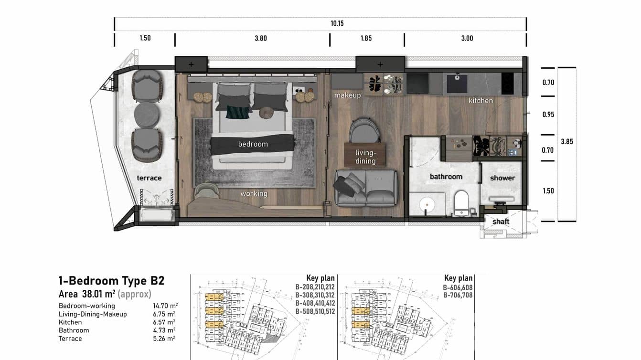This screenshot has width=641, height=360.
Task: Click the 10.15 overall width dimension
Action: [337, 23]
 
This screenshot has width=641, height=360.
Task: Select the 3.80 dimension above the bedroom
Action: [260, 38]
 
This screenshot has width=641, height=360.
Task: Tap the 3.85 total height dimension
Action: [566, 142]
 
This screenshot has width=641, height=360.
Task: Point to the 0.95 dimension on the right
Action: [548, 115]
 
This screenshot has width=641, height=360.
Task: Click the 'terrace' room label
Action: [149, 178]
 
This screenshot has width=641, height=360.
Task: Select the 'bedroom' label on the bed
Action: [253, 144]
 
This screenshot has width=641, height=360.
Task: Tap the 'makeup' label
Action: [347, 95]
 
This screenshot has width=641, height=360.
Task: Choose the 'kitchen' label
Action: [480, 101]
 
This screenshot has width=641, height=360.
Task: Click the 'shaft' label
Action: [501, 222]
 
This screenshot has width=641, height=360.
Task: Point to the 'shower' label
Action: [502, 178]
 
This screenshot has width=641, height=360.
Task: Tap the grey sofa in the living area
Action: [365, 189]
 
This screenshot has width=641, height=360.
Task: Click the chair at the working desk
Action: [207, 191]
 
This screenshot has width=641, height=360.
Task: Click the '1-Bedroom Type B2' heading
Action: [111, 281]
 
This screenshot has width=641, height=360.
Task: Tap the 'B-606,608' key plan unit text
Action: [458, 287]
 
